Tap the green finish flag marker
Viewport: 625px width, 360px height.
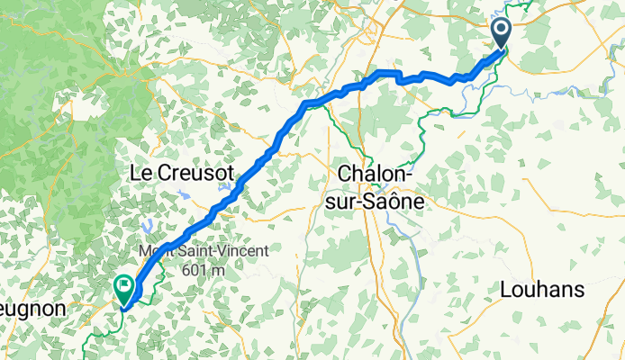click(x=122, y=288)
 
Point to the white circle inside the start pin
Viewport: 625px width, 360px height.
click(x=502, y=31)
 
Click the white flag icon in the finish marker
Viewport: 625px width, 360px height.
click(x=122, y=285)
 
